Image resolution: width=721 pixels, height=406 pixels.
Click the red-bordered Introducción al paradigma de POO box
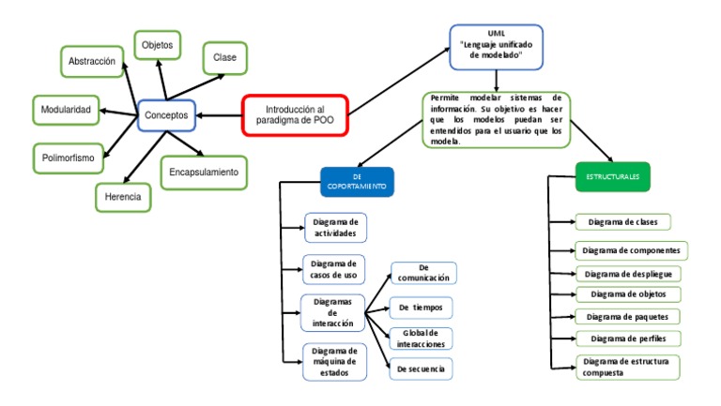295,114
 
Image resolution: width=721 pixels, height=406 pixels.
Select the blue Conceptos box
166,115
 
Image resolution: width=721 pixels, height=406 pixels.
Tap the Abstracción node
91,62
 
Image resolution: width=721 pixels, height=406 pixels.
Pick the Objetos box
157,45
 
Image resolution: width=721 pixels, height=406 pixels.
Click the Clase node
224,58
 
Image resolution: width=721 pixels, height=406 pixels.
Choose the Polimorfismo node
68,158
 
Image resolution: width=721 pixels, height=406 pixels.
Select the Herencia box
123,196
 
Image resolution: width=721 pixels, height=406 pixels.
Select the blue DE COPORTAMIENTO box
357,182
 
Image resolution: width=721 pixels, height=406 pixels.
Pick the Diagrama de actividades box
335,227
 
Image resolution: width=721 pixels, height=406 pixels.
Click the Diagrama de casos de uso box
334,270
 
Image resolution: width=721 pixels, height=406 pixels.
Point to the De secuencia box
422,369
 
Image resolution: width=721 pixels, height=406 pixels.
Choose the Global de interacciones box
422,338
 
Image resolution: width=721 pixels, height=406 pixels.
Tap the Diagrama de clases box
622,222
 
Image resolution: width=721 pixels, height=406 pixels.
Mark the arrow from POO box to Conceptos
218,115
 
